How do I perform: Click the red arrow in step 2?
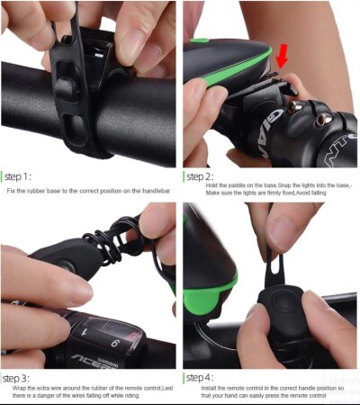[282, 57]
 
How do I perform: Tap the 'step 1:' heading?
[18, 176]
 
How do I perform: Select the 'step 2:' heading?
[200, 176]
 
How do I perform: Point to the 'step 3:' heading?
[16, 379]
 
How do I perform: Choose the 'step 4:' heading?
[200, 378]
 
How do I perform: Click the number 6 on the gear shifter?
[114, 342]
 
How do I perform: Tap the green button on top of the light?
[199, 40]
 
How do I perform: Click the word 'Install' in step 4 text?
[209, 388]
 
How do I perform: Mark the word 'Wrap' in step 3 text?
[19, 388]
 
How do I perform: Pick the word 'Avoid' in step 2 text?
[303, 193]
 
